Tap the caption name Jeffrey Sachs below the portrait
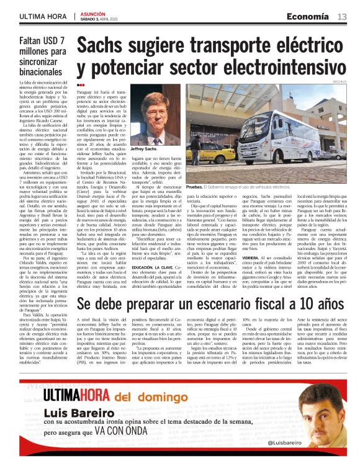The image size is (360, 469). (x=143, y=149)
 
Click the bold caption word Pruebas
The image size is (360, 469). (x=194, y=186)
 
